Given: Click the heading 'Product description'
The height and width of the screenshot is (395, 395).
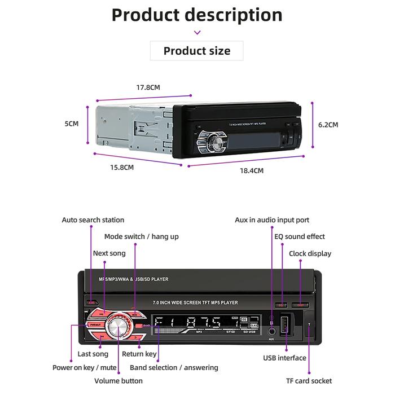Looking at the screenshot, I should point(197,15).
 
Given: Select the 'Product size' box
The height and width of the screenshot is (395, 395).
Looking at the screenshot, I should point(197,51).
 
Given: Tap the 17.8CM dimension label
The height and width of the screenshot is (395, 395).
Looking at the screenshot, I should point(148,87).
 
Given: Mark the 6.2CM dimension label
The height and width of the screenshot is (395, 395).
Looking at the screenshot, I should point(328,125).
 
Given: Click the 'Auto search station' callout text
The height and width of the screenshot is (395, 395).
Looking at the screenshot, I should point(93,220).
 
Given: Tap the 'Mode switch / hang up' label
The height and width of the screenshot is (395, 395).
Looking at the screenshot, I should point(141,236).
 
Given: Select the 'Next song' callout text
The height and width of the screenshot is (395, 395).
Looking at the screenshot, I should point(109,253).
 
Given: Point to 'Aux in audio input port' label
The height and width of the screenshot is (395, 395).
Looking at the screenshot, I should point(272,220).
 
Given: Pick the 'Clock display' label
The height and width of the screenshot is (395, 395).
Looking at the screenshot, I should point(310,253).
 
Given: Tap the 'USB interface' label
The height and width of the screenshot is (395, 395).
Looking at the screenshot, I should point(284,358).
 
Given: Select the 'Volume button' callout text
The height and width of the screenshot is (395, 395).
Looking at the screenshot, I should point(118,381).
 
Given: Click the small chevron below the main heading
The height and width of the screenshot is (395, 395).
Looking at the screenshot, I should point(197,33).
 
